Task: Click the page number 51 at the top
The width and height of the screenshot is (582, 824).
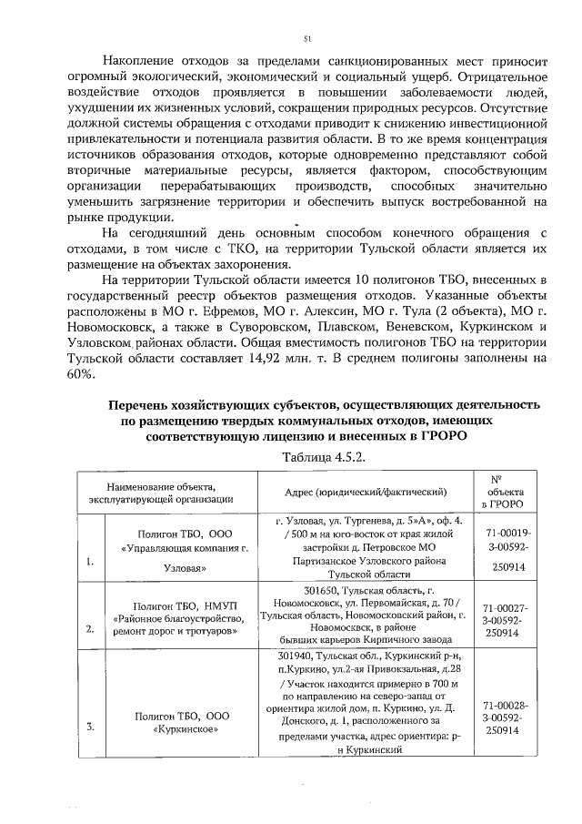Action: [307, 38]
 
